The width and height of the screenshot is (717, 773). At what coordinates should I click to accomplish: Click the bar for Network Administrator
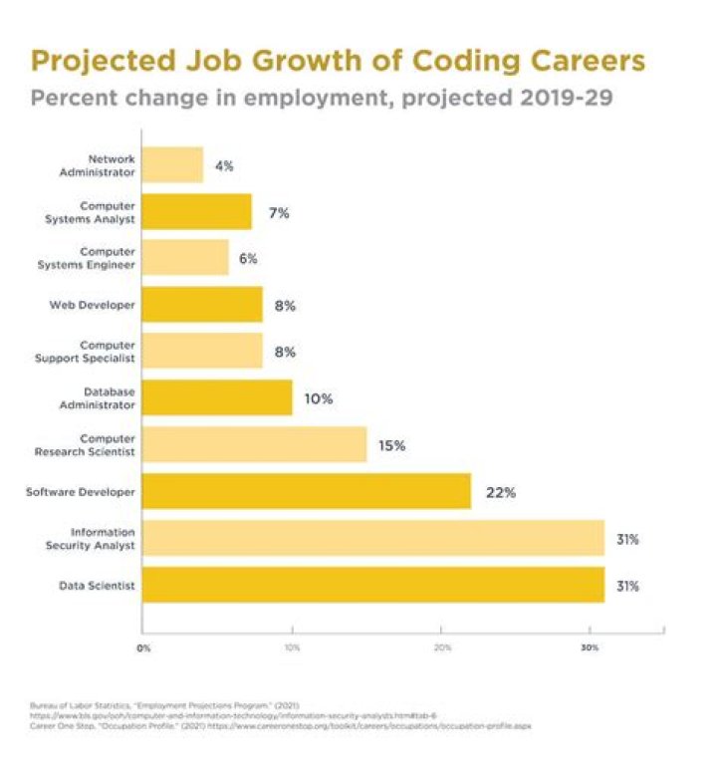(172, 165)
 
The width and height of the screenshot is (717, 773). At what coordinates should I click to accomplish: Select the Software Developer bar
(306, 491)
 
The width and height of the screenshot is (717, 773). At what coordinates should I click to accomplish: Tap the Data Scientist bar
(372, 585)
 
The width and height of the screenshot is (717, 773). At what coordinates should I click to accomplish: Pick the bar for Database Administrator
(217, 398)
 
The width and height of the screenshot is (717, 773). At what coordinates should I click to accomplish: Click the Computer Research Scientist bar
(254, 445)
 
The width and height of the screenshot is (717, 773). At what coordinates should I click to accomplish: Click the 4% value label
(224, 165)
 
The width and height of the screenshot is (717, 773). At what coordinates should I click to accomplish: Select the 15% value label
(391, 445)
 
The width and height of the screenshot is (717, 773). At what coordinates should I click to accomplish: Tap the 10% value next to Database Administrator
(319, 398)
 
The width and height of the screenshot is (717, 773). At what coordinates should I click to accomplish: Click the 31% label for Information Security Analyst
(626, 539)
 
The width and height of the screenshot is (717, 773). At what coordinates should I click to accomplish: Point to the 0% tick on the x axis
(143, 648)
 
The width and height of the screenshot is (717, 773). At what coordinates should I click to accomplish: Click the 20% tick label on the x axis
(442, 648)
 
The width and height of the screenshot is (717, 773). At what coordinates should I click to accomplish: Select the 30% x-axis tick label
(590, 648)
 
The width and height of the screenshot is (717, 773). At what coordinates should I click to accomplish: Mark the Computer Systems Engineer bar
(185, 258)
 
